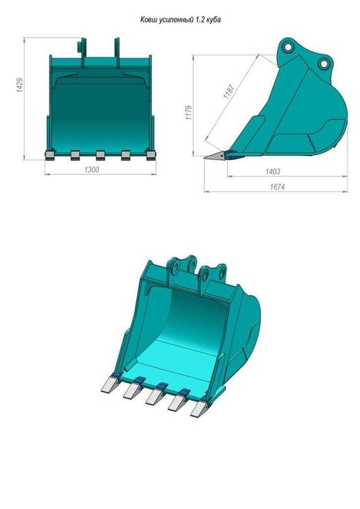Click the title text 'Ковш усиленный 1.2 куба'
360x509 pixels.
pyautogui.click(x=180, y=21)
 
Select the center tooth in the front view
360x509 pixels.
pyautogui.click(x=100, y=154)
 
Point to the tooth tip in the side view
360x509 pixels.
pyautogui.click(x=211, y=156)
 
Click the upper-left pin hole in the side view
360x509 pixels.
pyautogui.click(x=289, y=49)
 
